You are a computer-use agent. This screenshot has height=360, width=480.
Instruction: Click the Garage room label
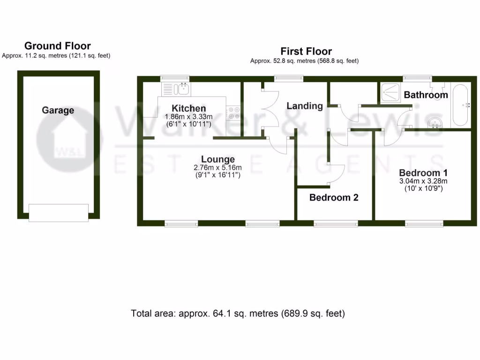point(58,110)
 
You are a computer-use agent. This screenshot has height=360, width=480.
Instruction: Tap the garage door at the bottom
point(59,212)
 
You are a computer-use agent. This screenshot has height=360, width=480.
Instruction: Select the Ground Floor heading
point(57,46)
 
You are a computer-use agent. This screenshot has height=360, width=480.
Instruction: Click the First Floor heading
point(306,52)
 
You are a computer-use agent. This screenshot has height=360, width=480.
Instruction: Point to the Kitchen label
point(188,108)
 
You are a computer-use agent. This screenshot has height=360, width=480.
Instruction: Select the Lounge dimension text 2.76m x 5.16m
point(218,168)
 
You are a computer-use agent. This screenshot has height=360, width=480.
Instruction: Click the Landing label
point(305,106)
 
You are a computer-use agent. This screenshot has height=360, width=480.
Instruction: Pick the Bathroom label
point(426,95)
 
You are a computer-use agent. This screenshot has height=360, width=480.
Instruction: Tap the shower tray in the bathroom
point(390,92)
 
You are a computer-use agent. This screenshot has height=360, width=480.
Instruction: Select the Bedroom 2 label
point(334,197)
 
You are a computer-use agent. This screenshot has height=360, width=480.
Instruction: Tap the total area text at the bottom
point(238,314)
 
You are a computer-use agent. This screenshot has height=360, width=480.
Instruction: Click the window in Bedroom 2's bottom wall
point(336,224)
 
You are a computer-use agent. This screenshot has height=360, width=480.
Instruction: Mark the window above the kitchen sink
point(175,78)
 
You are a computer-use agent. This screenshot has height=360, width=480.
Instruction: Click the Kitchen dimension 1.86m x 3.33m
point(188,116)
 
